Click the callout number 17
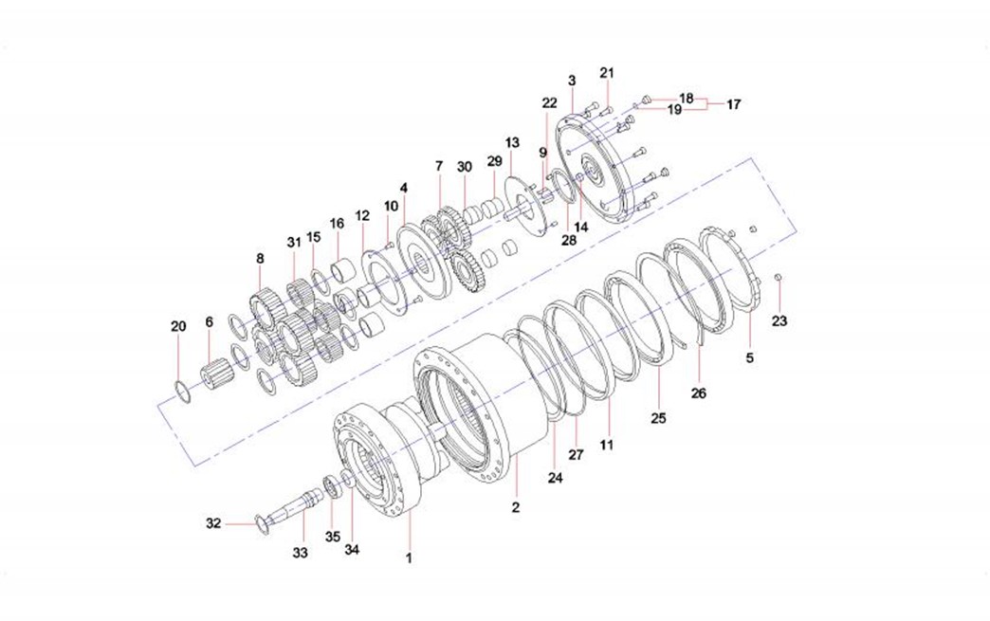733,105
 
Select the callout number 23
779,321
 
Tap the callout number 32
213,522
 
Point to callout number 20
178,326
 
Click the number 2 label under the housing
516,507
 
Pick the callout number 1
409,558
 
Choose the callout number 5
750,358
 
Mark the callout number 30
464,167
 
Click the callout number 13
512,142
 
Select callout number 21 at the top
607,73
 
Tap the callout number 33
300,551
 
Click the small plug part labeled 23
778,277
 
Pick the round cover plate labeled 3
593,171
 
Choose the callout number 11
607,443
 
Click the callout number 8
260,258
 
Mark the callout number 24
555,479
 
